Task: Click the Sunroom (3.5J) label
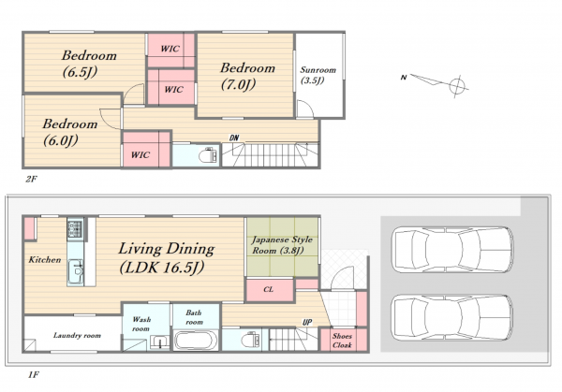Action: [x=318, y=75]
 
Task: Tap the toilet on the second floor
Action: [x=208, y=155]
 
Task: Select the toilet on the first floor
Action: [x=251, y=339]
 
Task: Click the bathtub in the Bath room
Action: [x=196, y=341]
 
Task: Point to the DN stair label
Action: [x=234, y=138]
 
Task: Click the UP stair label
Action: [x=307, y=322]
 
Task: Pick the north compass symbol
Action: [x=436, y=82]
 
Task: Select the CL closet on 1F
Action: [x=270, y=290]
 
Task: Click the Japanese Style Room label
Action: [x=282, y=245]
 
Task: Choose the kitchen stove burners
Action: [x=75, y=228]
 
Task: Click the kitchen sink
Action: [x=76, y=271]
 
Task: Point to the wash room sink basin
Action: [x=159, y=341]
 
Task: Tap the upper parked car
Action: [x=452, y=249]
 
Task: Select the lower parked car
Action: [x=452, y=317]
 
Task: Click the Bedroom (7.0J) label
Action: [x=247, y=77]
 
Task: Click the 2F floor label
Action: [x=31, y=179]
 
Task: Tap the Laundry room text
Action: [x=77, y=336]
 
